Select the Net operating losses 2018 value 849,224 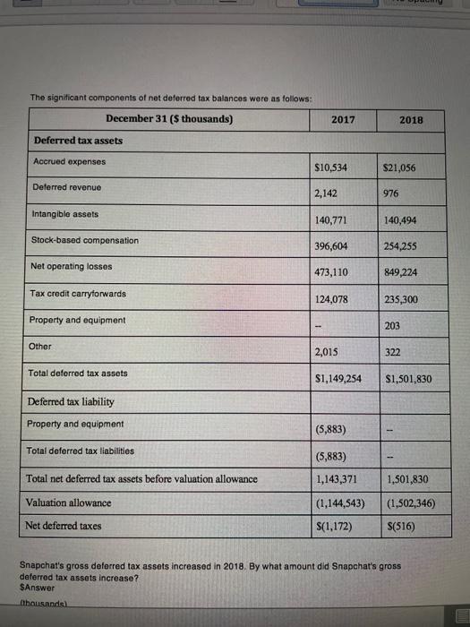pos(401,272)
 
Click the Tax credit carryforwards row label pos(79,294)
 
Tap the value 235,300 pos(401,299)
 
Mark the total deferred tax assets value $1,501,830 pos(407,379)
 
